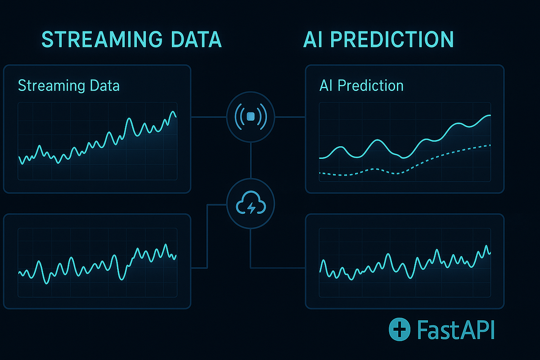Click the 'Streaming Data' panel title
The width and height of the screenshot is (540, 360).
pyautogui.click(x=69, y=85)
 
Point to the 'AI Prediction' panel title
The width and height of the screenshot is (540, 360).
pyautogui.click(x=361, y=85)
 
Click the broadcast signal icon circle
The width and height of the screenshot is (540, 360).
pyautogui.click(x=251, y=117)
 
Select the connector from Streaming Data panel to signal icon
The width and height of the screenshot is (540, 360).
pyautogui.click(x=208, y=117)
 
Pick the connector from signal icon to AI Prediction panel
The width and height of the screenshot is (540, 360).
pyautogui.click(x=290, y=117)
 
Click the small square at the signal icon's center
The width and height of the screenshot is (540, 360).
pyautogui.click(x=251, y=117)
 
